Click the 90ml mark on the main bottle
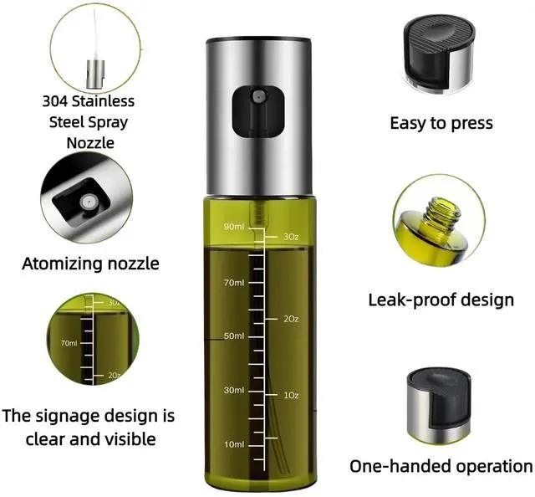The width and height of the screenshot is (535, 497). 234,227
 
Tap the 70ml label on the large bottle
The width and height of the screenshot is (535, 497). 234,283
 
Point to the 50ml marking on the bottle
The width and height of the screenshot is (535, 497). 234,336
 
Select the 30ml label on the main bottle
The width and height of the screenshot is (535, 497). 234,390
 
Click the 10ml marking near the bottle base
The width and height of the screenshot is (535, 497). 234,444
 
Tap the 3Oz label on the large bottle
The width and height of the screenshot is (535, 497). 291,237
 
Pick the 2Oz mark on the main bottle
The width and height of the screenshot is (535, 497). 291,319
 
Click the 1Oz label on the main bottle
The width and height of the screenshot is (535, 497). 291,395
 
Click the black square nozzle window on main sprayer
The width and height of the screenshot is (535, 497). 258,111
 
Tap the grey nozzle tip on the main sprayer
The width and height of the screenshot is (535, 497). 257,96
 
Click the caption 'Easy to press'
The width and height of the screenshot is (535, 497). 441,123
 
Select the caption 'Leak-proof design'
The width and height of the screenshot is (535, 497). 441,300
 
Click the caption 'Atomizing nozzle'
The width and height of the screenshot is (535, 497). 91,264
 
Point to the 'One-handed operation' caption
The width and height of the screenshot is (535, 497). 441,466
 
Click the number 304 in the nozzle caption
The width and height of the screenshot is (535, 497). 55,101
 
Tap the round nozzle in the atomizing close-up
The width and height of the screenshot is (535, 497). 88,202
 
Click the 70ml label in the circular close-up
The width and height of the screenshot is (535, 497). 69,343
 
